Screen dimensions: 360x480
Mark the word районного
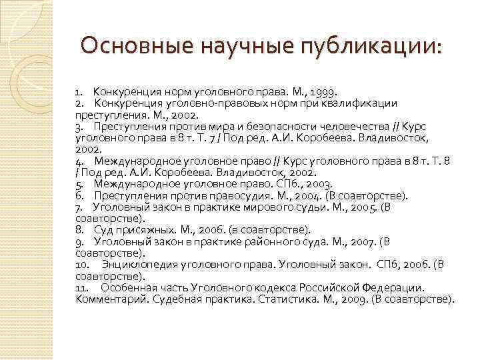point(284,241)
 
